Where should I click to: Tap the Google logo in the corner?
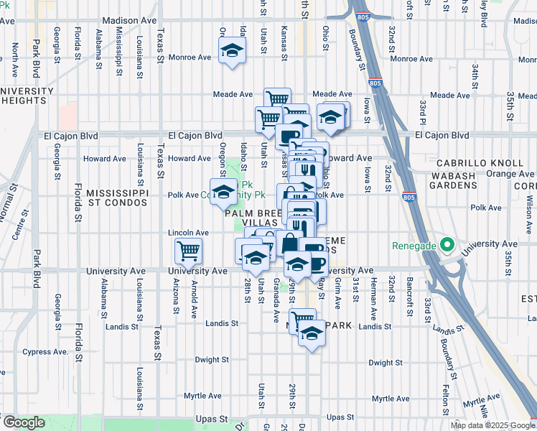[24, 422]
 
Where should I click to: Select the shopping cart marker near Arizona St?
[188, 251]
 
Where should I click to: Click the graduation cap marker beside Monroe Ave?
[232, 51]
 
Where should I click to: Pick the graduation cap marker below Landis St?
[311, 334]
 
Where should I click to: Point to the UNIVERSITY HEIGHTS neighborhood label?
[27, 96]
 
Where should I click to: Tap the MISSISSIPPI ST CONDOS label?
[117, 198]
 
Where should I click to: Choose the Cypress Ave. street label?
[45, 352]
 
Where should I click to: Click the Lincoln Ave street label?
[188, 233]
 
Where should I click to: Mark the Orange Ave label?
[510, 174]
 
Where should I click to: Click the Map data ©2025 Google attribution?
[492, 425]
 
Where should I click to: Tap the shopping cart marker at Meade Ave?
[277, 99]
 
